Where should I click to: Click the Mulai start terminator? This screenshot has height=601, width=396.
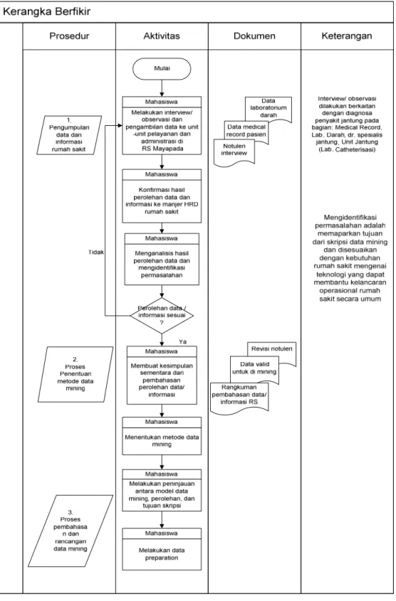(162, 68)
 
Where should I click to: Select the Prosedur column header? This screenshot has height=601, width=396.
(69, 36)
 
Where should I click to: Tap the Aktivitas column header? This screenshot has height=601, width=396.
(162, 36)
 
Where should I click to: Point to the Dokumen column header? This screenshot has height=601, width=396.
(254, 36)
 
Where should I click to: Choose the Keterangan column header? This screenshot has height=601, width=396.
(347, 36)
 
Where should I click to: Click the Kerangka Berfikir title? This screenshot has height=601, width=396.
(47, 11)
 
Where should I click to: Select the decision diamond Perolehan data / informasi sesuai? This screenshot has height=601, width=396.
(162, 316)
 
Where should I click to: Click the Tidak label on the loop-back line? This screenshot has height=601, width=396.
(96, 252)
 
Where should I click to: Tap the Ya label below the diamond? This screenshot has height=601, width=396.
(182, 341)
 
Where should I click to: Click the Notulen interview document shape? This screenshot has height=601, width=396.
(234, 152)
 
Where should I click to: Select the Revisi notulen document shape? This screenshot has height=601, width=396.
(271, 353)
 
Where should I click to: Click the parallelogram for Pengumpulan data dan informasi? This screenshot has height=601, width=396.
(69, 135)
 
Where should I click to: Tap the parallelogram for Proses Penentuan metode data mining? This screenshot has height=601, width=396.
(75, 375)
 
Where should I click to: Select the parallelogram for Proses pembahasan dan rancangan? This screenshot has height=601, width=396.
(71, 531)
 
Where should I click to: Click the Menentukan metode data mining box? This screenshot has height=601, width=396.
(162, 436)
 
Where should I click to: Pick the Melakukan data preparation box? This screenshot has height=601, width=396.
(162, 549)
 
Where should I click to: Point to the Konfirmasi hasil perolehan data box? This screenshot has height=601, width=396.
(162, 196)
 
